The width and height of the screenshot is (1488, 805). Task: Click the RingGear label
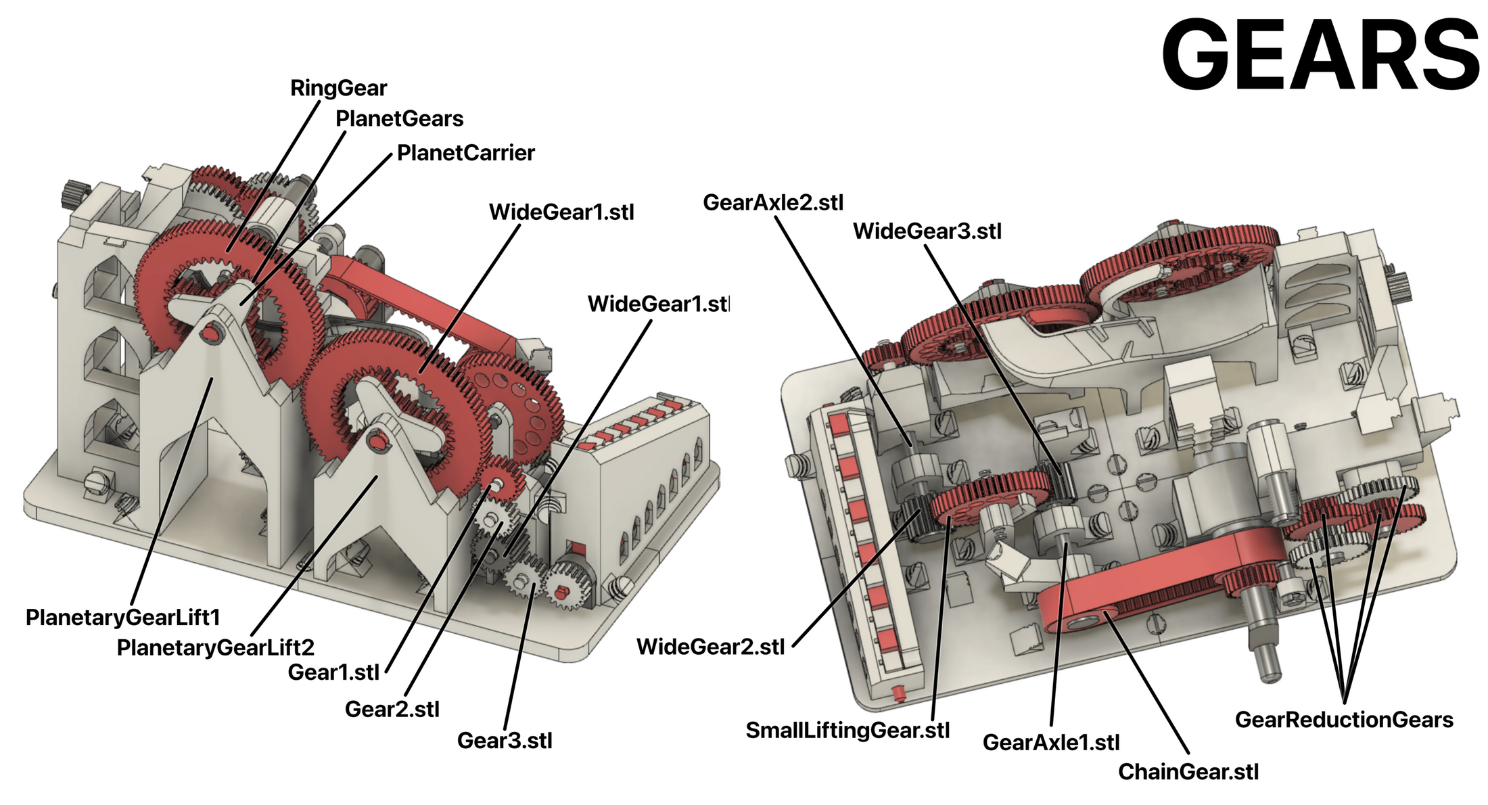(338, 88)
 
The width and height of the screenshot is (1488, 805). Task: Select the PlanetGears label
(399, 119)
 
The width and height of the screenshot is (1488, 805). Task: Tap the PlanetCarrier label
(465, 153)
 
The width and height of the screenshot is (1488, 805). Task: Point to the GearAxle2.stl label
(773, 202)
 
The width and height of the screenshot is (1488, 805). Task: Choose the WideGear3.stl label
(927, 231)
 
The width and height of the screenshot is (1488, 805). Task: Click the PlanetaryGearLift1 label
(122, 617)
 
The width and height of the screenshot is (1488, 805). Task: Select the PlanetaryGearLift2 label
(215, 647)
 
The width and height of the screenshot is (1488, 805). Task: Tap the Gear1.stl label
(333, 672)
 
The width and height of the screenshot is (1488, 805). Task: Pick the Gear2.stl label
(392, 709)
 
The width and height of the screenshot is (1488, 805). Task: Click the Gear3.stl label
(505, 740)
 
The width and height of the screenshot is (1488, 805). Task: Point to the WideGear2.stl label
(710, 647)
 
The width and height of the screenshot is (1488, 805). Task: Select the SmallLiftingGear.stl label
(847, 730)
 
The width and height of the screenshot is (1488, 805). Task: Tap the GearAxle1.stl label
(1050, 742)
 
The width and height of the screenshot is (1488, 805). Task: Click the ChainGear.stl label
(1188, 771)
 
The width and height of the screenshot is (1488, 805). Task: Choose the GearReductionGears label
(1343, 719)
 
